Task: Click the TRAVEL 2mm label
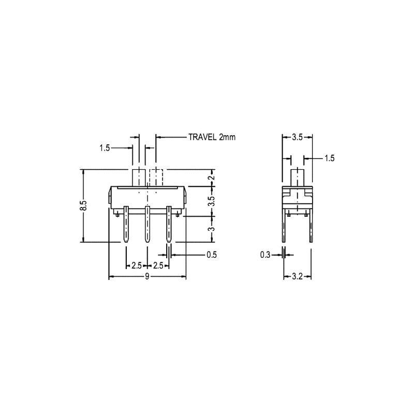pyautogui.click(x=212, y=137)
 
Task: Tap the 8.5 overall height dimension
pyautogui.click(x=84, y=205)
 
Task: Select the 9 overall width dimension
pyautogui.click(x=147, y=276)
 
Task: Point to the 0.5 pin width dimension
pyautogui.click(x=212, y=255)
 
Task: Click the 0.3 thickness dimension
pyautogui.click(x=265, y=255)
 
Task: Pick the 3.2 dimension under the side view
pyautogui.click(x=297, y=276)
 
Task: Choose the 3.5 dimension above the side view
pyautogui.click(x=297, y=137)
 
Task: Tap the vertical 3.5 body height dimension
pyautogui.click(x=212, y=201)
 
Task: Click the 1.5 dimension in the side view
pyautogui.click(x=329, y=158)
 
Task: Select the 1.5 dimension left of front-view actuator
pyautogui.click(x=105, y=148)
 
